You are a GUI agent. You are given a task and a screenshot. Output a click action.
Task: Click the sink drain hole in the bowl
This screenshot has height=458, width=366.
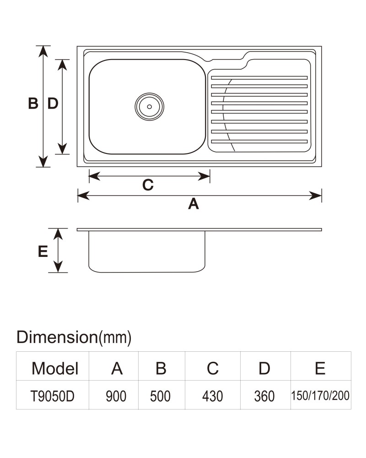tap(150, 107)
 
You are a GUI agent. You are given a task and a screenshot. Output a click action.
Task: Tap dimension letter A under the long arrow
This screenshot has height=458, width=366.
tap(194, 204)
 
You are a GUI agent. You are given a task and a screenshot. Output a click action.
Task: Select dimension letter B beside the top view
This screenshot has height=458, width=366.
tap(33, 103)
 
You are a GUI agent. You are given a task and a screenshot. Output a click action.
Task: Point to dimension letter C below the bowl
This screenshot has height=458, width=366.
tap(148, 185)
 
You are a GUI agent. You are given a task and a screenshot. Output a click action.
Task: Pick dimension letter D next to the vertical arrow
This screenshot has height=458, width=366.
tap(53, 103)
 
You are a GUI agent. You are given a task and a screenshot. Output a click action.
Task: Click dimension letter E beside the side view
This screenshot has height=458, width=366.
tap(43, 251)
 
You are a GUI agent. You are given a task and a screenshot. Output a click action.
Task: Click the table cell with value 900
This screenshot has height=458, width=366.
tap(116, 396)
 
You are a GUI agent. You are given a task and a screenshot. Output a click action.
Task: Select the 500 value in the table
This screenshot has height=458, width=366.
tap(160, 396)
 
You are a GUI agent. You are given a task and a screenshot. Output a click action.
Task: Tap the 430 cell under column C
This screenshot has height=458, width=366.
tap(212, 396)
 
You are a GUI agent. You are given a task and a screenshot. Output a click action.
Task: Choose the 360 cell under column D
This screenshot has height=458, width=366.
tap(264, 396)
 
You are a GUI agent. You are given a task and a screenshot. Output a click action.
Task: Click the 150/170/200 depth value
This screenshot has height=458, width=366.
tap(320, 396)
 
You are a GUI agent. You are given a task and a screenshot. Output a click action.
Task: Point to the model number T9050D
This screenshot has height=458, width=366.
tap(53, 396)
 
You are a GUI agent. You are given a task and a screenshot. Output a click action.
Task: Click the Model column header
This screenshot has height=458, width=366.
tap(55, 368)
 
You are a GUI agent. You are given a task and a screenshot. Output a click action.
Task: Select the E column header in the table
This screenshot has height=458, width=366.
tap(320, 368)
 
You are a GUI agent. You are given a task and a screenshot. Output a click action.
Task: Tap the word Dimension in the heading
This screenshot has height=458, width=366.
tap(57, 337)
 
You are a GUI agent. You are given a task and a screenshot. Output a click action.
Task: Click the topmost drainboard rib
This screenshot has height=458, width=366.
tap(259, 78)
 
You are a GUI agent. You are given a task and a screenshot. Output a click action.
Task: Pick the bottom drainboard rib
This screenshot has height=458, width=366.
tap(259, 142)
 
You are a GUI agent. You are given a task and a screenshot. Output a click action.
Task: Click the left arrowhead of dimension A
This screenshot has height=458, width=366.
tap(83, 196)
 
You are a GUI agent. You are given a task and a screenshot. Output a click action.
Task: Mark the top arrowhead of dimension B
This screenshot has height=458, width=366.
tap(43, 51)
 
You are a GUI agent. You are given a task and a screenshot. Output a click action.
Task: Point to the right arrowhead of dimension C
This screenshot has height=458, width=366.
tap(204, 176)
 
